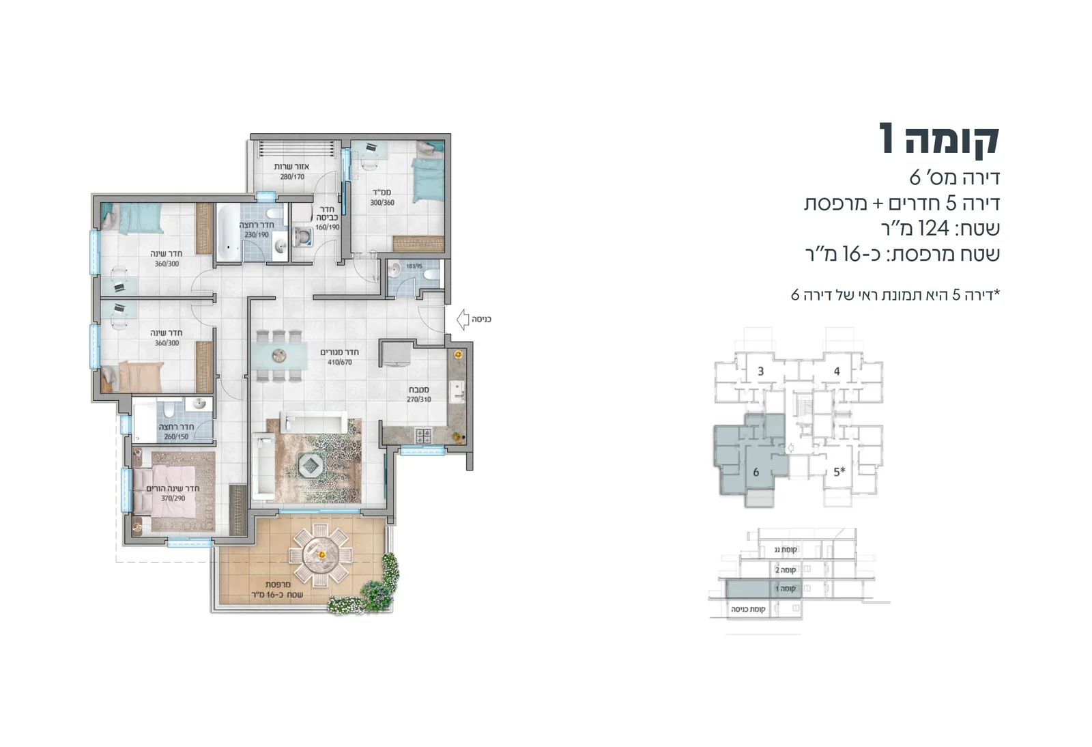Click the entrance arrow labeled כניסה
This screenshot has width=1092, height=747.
[x=463, y=318]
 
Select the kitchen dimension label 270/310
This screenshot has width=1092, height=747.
[x=418, y=399]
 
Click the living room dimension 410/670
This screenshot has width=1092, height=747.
[x=339, y=363]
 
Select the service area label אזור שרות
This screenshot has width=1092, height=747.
[x=291, y=167]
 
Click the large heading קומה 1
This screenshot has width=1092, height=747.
[x=939, y=139]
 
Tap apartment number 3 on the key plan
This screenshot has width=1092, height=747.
[x=760, y=371]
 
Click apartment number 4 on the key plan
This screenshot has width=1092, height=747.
[x=836, y=371]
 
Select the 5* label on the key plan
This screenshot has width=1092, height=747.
[x=839, y=472]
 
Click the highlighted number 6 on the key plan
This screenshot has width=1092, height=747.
[x=756, y=472]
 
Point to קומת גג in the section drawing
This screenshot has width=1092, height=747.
[x=786, y=550]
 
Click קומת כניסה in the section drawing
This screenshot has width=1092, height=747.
[x=748, y=608]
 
